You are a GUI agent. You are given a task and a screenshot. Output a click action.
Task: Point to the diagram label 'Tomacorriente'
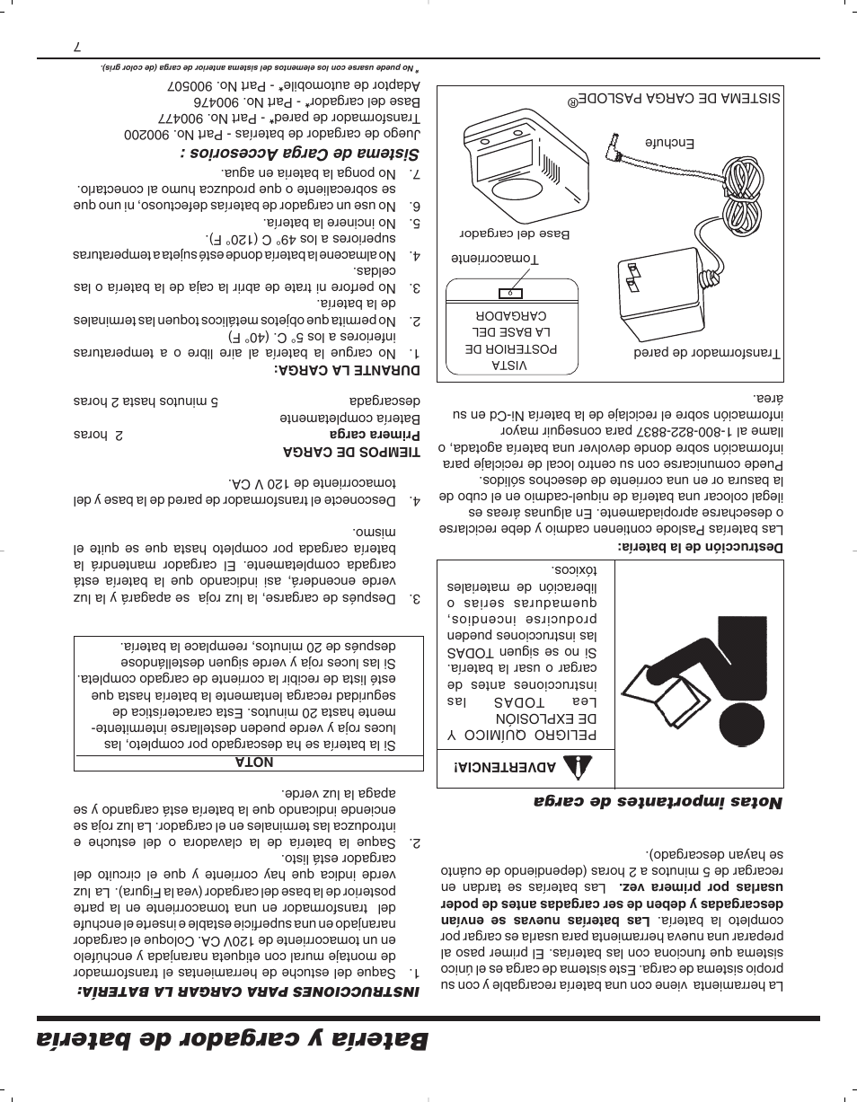pos(494,259)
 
